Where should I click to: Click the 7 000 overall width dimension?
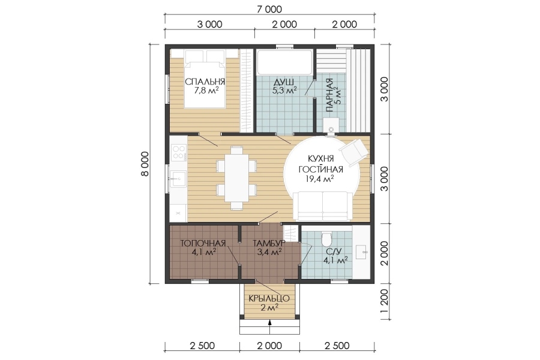click(x=269, y=9)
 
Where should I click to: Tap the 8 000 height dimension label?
click(x=145, y=164)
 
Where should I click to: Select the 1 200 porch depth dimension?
click(x=385, y=301)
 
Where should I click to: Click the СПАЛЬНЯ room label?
click(x=205, y=82)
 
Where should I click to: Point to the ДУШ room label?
click(x=284, y=82)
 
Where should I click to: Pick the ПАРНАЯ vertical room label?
click(x=329, y=95)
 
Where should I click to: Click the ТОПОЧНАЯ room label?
click(x=203, y=243)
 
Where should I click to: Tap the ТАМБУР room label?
click(x=269, y=243)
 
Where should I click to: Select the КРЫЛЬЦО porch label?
click(x=269, y=298)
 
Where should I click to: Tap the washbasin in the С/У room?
click(x=361, y=252)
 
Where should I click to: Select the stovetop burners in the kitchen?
click(x=178, y=152)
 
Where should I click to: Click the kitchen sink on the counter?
click(x=178, y=179)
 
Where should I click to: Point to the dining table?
click(x=236, y=178)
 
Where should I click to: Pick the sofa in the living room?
click(x=322, y=205)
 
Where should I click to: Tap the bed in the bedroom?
click(x=205, y=79)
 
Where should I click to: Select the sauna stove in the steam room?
click(x=331, y=125)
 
